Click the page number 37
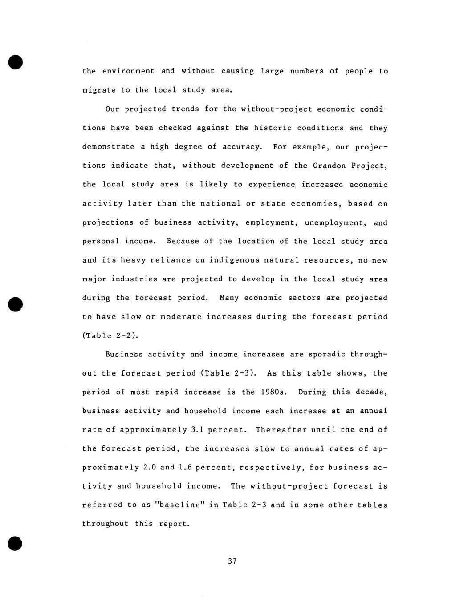[232, 561]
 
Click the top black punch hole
[15, 62]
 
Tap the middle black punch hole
[15, 304]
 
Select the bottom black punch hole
[15, 543]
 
